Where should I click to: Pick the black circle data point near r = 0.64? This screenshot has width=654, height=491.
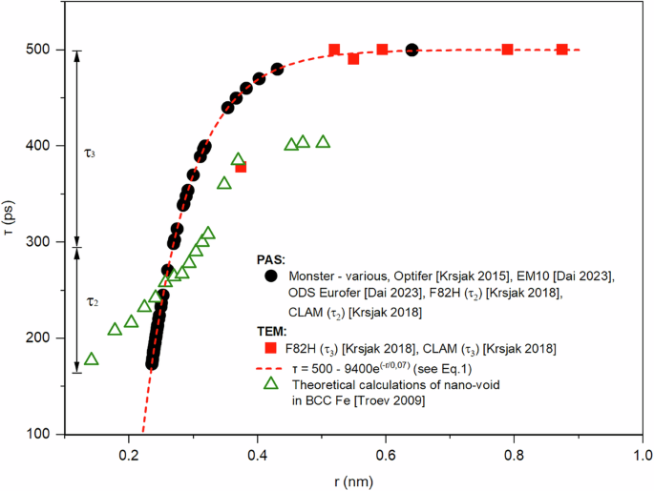pos(411,50)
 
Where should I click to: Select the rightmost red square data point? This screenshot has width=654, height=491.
pos(562,50)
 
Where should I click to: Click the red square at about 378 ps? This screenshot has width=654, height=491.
pos(241,167)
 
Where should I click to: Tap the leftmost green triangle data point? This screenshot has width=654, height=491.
pos(92,359)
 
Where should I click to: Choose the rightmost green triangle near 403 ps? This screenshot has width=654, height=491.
pos(323,142)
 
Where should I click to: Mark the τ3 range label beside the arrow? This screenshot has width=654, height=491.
pos(91,152)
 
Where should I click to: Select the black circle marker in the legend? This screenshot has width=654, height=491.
pos(271,276)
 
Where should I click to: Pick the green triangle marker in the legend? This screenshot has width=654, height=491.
pos(271,383)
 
